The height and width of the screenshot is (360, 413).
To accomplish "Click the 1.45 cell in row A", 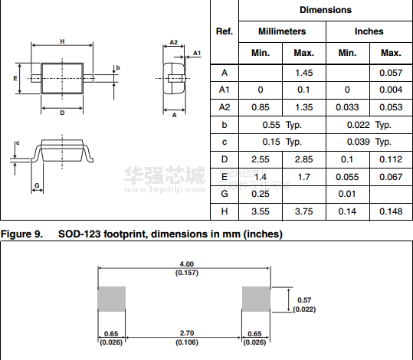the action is click(x=304, y=73).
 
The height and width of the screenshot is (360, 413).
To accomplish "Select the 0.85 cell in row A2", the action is click(x=261, y=107).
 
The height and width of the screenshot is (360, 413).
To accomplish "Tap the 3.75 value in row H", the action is click(x=304, y=211).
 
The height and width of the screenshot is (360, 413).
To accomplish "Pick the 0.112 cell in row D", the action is click(x=391, y=159).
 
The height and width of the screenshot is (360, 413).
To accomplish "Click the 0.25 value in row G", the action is click(x=261, y=194).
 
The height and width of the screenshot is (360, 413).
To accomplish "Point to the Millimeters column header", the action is click(x=282, y=31).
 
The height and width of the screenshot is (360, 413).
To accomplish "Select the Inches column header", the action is click(x=369, y=31).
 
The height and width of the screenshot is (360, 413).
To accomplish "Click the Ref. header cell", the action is click(x=225, y=31).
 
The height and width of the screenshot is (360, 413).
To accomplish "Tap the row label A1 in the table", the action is click(x=225, y=90).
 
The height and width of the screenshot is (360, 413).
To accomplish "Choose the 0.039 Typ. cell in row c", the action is click(x=369, y=142).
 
